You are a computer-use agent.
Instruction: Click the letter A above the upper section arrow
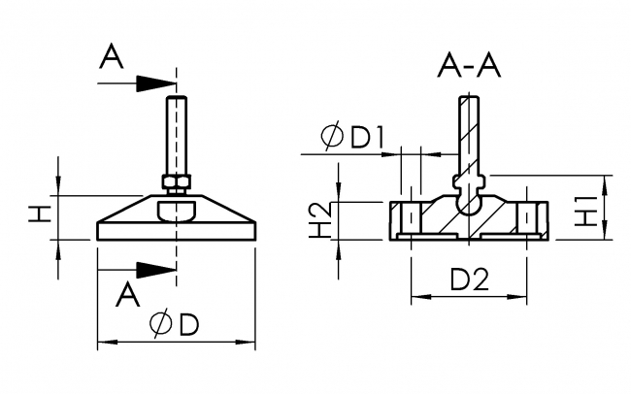coord(113,59)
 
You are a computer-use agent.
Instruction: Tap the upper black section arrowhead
coord(154,84)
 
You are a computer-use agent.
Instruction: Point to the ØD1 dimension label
coord(354,138)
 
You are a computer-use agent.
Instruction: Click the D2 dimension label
coord(470,280)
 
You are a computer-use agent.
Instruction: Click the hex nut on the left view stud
coord(176,181)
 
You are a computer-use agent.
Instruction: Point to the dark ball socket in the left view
coord(176,208)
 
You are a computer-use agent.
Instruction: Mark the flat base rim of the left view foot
coord(176,231)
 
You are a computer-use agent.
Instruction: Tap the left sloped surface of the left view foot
coord(126,210)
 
